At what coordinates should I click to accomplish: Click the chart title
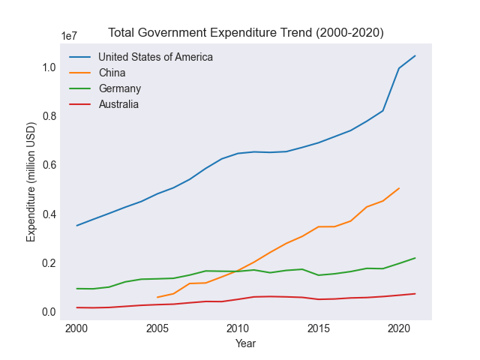click(x=246, y=33)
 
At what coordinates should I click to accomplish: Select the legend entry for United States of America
click(x=155, y=57)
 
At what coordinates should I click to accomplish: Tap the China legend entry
click(x=112, y=73)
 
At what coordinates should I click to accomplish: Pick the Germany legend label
click(x=119, y=88)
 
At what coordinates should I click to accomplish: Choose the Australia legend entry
click(x=118, y=104)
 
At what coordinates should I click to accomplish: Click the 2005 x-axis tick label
click(x=157, y=328)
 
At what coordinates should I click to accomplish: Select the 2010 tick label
click(x=238, y=328)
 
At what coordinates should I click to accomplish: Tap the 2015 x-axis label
click(x=318, y=328)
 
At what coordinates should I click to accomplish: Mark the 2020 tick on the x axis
click(x=399, y=328)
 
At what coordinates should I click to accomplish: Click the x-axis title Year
click(x=245, y=343)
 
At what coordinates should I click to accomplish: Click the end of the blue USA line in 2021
click(x=415, y=55)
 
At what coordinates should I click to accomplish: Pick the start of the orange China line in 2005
click(x=157, y=297)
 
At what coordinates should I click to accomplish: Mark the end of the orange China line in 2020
click(x=399, y=188)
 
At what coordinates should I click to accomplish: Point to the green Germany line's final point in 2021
click(x=415, y=258)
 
